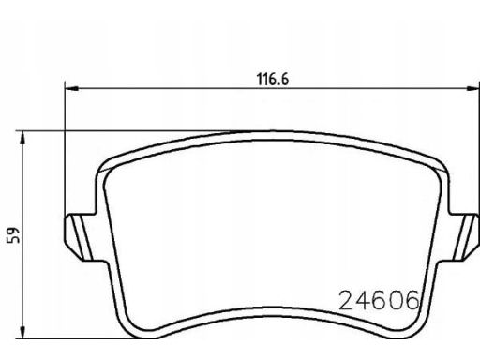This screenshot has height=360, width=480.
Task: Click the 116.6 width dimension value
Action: (x=273, y=80)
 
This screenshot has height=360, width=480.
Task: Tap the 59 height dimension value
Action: (x=13, y=235)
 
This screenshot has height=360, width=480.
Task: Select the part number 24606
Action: (x=379, y=300)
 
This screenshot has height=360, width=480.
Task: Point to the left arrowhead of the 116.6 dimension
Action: (x=71, y=89)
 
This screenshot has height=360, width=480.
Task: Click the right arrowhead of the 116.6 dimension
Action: (x=472, y=89)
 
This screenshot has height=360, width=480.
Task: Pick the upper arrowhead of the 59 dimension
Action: (x=22, y=138)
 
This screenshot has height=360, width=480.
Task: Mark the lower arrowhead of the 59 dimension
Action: (x=22, y=331)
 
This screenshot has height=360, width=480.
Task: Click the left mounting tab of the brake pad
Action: (x=82, y=237)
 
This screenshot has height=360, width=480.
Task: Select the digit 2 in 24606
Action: (x=346, y=300)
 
